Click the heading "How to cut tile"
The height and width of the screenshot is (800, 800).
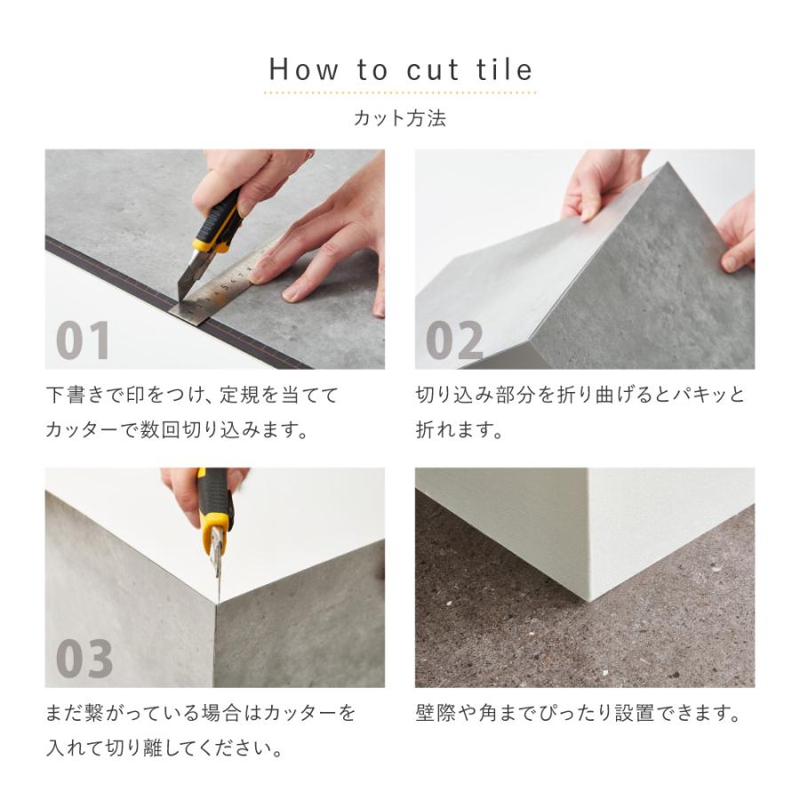(x=401, y=69)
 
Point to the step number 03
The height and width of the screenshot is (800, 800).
(x=84, y=659)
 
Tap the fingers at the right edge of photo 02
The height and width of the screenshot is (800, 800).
(x=737, y=236)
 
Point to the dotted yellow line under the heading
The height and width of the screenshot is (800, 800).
(x=401, y=92)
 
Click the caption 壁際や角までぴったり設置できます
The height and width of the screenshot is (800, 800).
(x=577, y=713)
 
